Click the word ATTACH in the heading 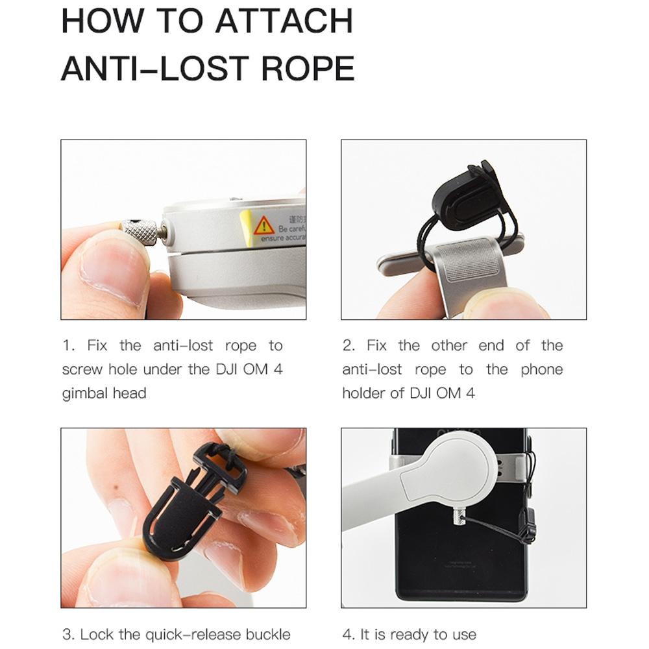point(284,21)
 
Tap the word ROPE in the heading point(308,68)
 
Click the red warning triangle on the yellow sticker point(263,226)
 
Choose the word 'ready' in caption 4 point(398,634)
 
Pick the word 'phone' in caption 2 point(541,370)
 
